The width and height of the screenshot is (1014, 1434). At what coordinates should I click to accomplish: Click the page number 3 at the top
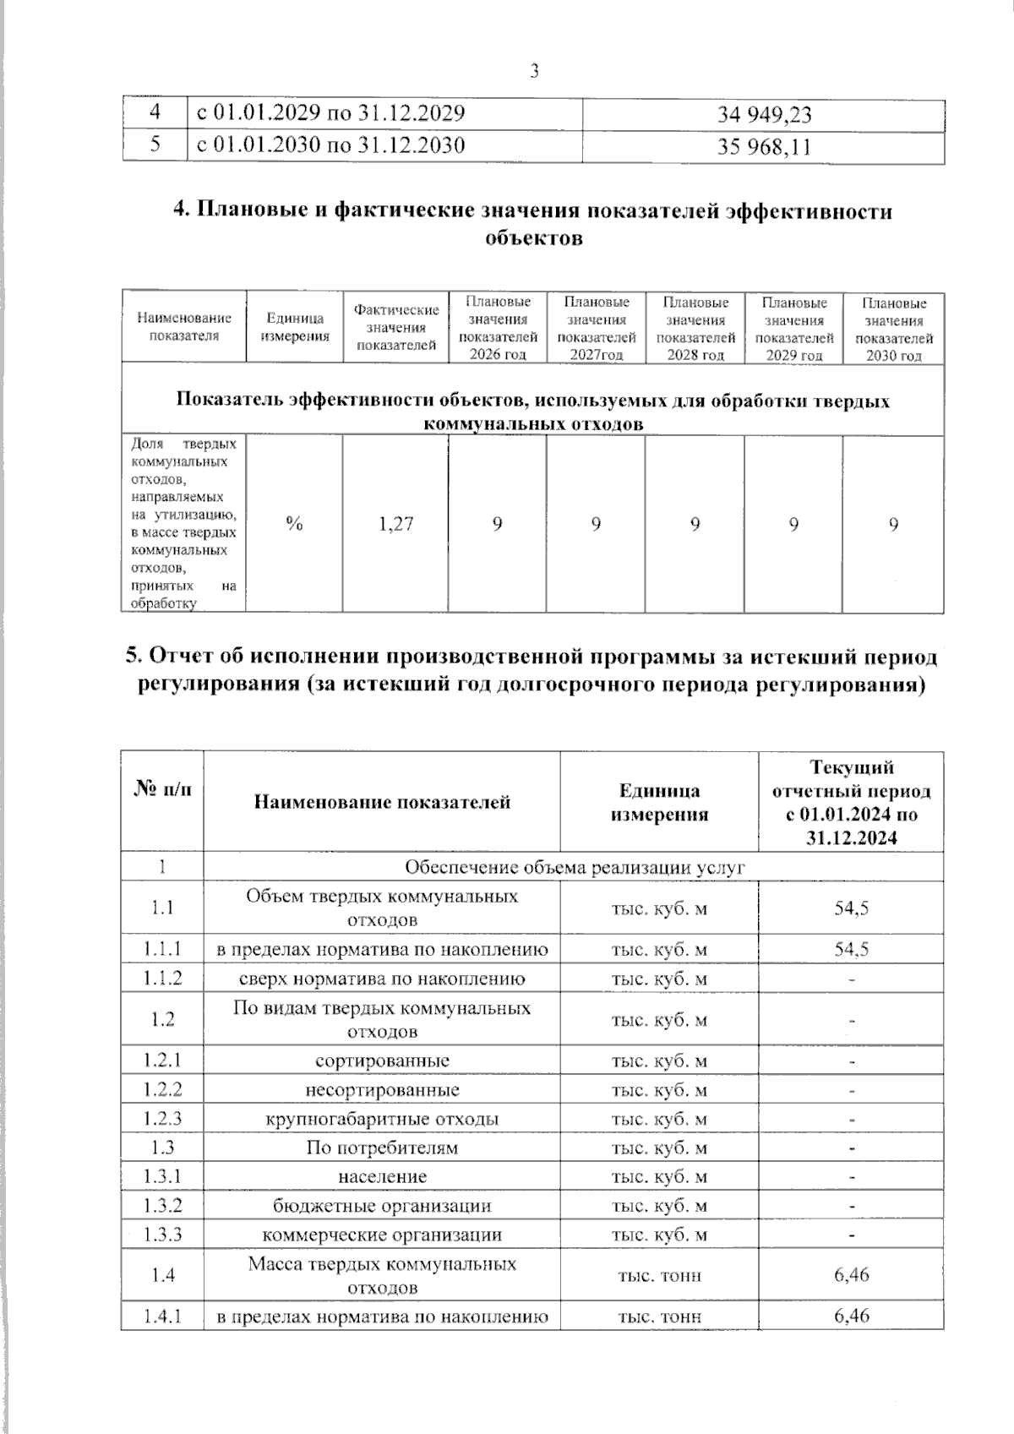click(x=534, y=72)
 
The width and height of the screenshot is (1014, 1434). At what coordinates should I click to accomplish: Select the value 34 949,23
click(x=764, y=116)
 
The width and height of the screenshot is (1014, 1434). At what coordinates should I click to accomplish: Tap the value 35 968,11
click(x=764, y=147)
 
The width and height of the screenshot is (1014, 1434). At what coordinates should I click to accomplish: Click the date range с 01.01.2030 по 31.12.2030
click(x=330, y=145)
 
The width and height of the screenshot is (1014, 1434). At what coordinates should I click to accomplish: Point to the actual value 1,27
click(x=395, y=524)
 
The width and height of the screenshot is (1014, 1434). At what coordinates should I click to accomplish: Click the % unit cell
click(x=294, y=524)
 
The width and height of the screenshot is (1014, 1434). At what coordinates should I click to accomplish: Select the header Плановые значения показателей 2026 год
click(x=498, y=328)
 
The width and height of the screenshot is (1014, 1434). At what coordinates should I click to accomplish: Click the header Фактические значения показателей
click(x=395, y=328)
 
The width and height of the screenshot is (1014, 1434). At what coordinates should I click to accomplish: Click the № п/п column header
click(x=162, y=790)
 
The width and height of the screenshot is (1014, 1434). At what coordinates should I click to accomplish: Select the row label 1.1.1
click(x=162, y=949)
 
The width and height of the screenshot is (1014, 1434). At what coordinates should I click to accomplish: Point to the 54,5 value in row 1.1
click(x=851, y=908)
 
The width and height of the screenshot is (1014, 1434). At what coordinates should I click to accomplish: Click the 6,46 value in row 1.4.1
click(x=851, y=1316)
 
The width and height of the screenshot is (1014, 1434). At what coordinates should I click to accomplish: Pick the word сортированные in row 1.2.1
click(x=382, y=1061)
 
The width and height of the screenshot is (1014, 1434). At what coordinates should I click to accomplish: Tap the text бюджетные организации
click(x=382, y=1206)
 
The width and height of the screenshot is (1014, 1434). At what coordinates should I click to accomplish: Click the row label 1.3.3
click(x=162, y=1235)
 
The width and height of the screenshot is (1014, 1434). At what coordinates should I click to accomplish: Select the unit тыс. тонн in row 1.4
click(x=659, y=1275)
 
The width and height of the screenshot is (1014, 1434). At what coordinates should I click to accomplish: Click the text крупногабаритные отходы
click(x=382, y=1119)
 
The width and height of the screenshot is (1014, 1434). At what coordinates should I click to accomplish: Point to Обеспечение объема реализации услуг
click(x=575, y=867)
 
